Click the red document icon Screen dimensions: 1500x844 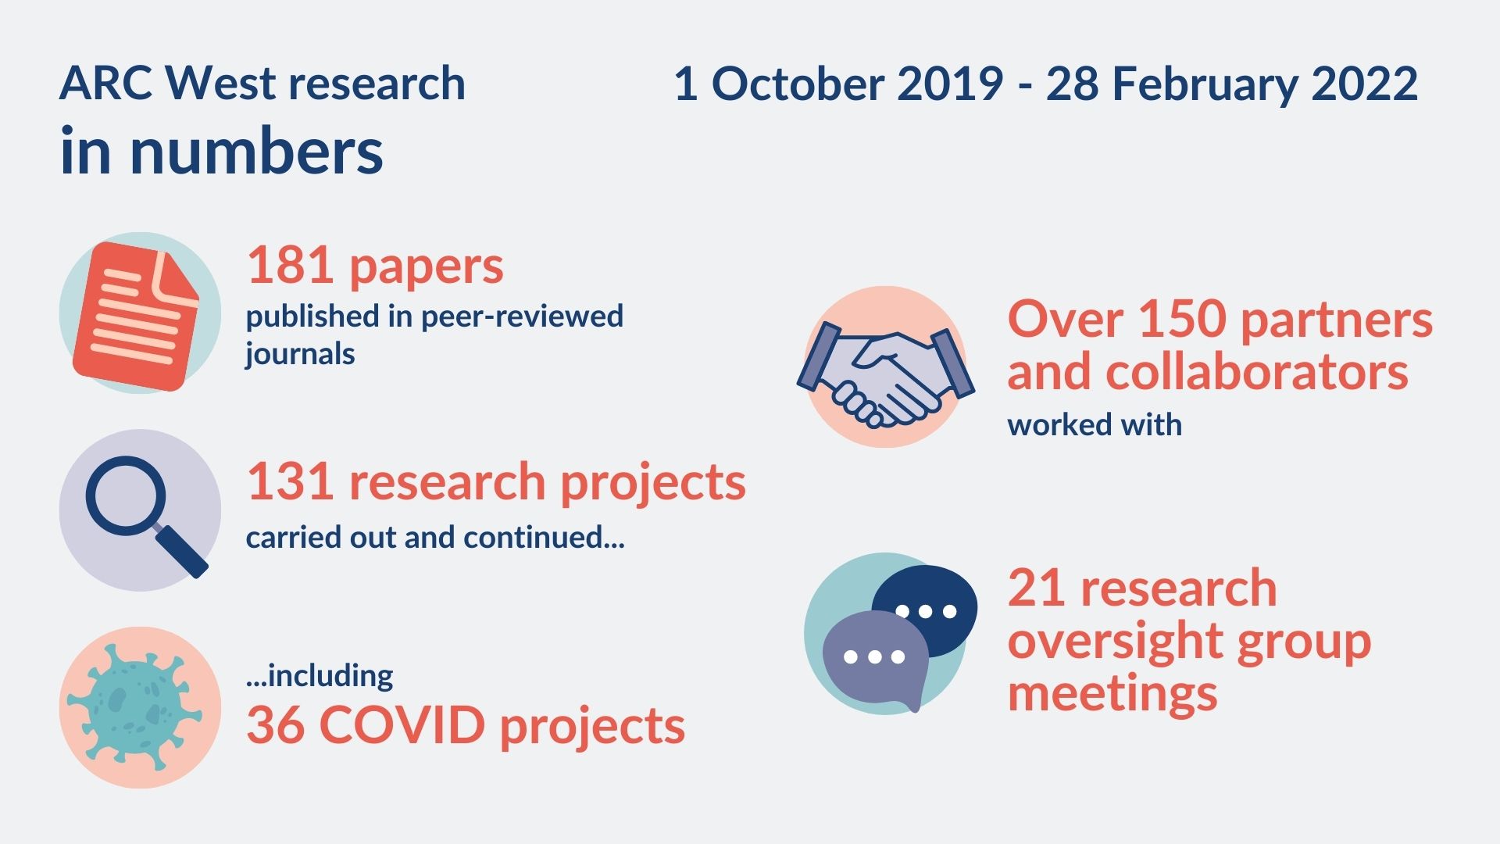pyautogui.click(x=136, y=316)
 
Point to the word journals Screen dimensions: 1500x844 pyautogui.click(x=300, y=355)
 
